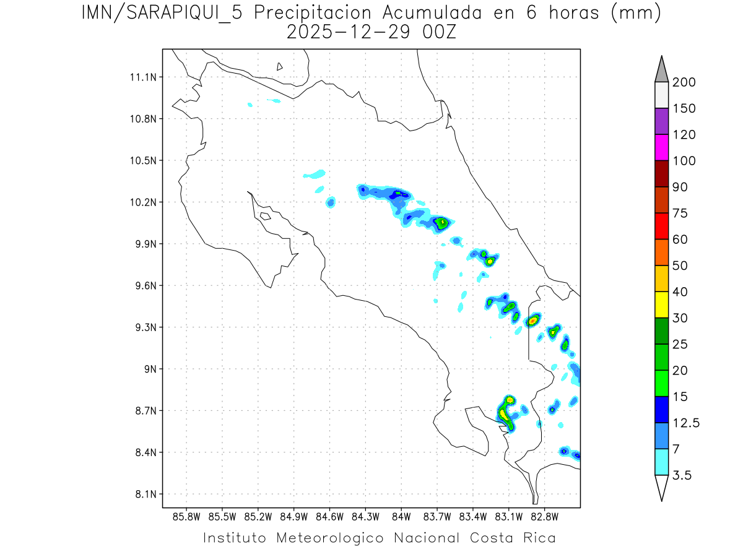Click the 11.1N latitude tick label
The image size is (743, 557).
click(142, 77)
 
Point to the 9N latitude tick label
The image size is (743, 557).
click(149, 369)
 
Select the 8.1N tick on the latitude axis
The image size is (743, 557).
click(145, 494)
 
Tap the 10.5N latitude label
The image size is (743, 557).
click(142, 161)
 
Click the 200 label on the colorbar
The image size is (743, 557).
click(684, 82)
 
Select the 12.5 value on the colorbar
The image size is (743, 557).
click(685, 423)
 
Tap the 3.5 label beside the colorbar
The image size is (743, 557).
click(682, 475)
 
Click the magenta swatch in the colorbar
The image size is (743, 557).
click(661, 148)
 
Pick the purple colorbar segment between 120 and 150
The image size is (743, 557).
click(661, 121)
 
